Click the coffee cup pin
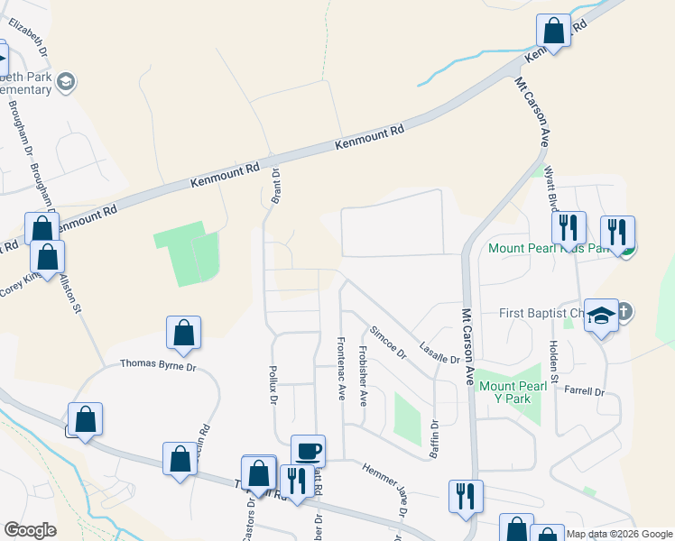tap(308, 449)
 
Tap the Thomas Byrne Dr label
tap(158, 366)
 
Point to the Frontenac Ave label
tap(341, 368)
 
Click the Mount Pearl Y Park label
tap(513, 392)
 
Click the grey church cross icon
tap(623, 313)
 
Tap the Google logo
tap(30, 530)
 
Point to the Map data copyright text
tap(620, 534)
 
